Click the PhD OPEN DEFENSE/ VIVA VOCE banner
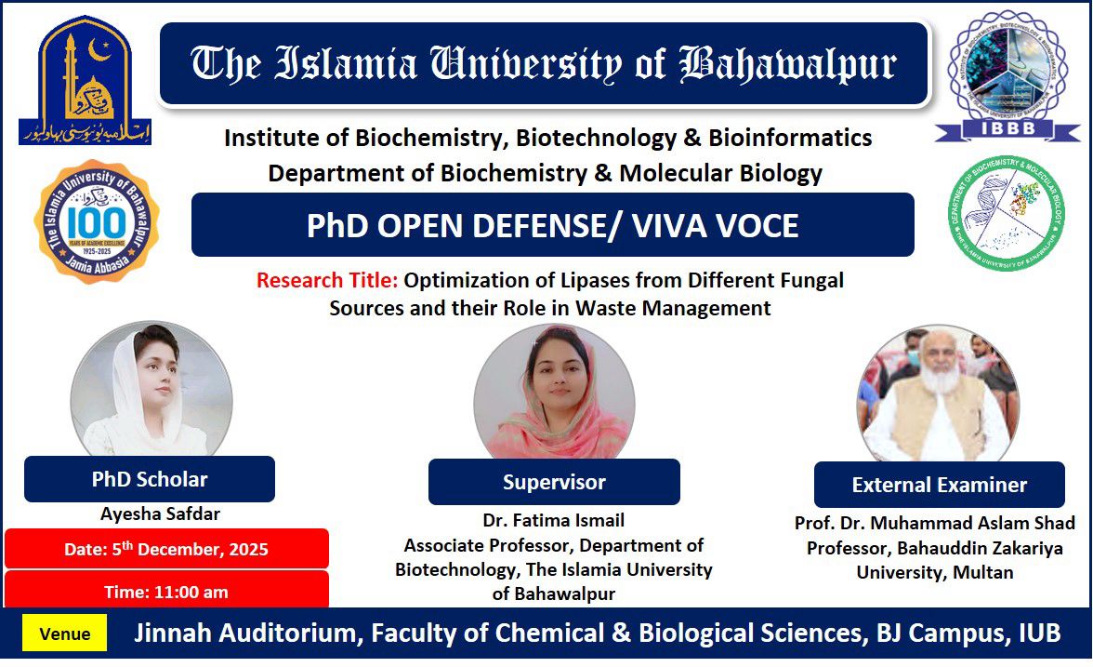pyautogui.click(x=552, y=226)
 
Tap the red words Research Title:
pyautogui.click(x=327, y=280)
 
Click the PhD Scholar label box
pyautogui.click(x=150, y=479)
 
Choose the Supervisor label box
pyautogui.click(x=554, y=482)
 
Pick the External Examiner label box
pyautogui.click(x=939, y=485)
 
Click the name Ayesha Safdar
pyautogui.click(x=160, y=514)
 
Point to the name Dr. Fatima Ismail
pyautogui.click(x=554, y=521)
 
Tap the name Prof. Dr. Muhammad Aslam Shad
pyautogui.click(x=935, y=524)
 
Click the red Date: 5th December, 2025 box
pyautogui.click(x=166, y=549)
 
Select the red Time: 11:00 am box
pyautogui.click(x=166, y=592)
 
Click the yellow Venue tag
pyautogui.click(x=65, y=634)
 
